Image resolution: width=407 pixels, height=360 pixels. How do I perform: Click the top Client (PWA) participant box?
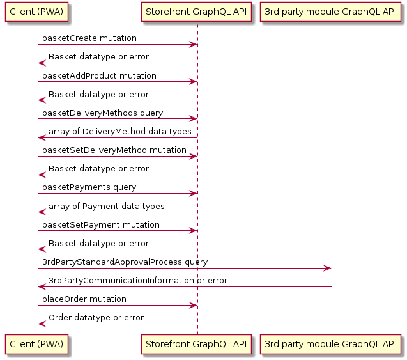tap(37, 12)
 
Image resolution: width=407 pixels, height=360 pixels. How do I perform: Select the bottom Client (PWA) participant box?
tap(37, 343)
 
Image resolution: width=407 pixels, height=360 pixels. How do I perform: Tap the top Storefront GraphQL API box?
tap(197, 12)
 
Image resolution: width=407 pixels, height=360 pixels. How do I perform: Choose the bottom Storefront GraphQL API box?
tap(197, 343)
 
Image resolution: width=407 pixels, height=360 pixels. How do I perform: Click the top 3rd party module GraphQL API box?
tap(331, 12)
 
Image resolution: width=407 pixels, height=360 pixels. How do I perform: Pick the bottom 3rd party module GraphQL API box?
tap(331, 343)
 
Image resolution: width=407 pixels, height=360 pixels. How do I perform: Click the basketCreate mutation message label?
tap(89, 38)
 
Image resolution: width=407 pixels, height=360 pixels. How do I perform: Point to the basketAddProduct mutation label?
tap(99, 75)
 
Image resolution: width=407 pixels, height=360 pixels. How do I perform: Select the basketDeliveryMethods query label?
tap(102, 113)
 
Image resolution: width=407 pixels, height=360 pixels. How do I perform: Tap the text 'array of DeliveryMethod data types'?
tap(120, 132)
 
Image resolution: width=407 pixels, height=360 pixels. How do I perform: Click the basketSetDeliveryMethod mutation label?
tap(114, 150)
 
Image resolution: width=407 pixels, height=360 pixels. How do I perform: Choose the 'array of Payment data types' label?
tap(107, 206)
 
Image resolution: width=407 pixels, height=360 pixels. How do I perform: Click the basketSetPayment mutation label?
tap(101, 225)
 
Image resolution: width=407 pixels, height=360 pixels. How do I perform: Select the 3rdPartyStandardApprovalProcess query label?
tap(125, 262)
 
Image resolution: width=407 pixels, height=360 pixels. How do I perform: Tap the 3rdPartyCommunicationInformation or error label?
tap(138, 281)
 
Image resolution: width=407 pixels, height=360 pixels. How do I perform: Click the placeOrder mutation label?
tap(84, 299)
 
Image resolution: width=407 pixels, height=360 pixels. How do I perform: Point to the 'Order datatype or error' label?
tap(96, 318)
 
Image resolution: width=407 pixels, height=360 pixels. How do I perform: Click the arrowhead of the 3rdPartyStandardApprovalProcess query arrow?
tap(327, 269)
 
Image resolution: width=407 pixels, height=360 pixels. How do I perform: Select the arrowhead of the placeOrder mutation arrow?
tap(193, 306)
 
